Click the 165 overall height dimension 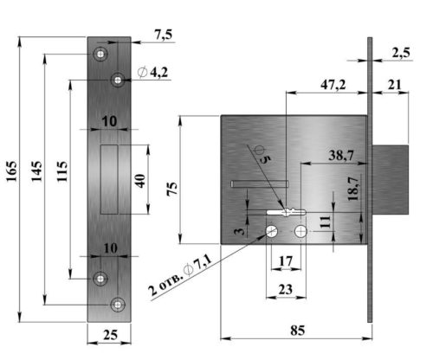(x=12, y=171)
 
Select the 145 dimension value (x=36, y=171)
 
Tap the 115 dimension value (x=62, y=171)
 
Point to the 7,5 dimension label (x=163, y=35)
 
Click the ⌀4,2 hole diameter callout (x=152, y=73)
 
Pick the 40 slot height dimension (x=140, y=181)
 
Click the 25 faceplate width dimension (x=111, y=335)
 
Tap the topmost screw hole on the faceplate (x=100, y=54)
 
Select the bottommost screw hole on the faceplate (x=118, y=305)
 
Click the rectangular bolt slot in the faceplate (x=109, y=179)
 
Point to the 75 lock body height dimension (x=172, y=190)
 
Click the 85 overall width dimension (x=298, y=331)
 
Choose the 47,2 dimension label (x=333, y=85)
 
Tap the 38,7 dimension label (x=341, y=156)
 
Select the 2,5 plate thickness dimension (x=401, y=53)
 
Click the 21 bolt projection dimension (x=395, y=85)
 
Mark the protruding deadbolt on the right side (x=391, y=180)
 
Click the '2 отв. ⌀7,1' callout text (x=180, y=276)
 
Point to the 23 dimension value (x=286, y=289)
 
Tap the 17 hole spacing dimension (x=286, y=261)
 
